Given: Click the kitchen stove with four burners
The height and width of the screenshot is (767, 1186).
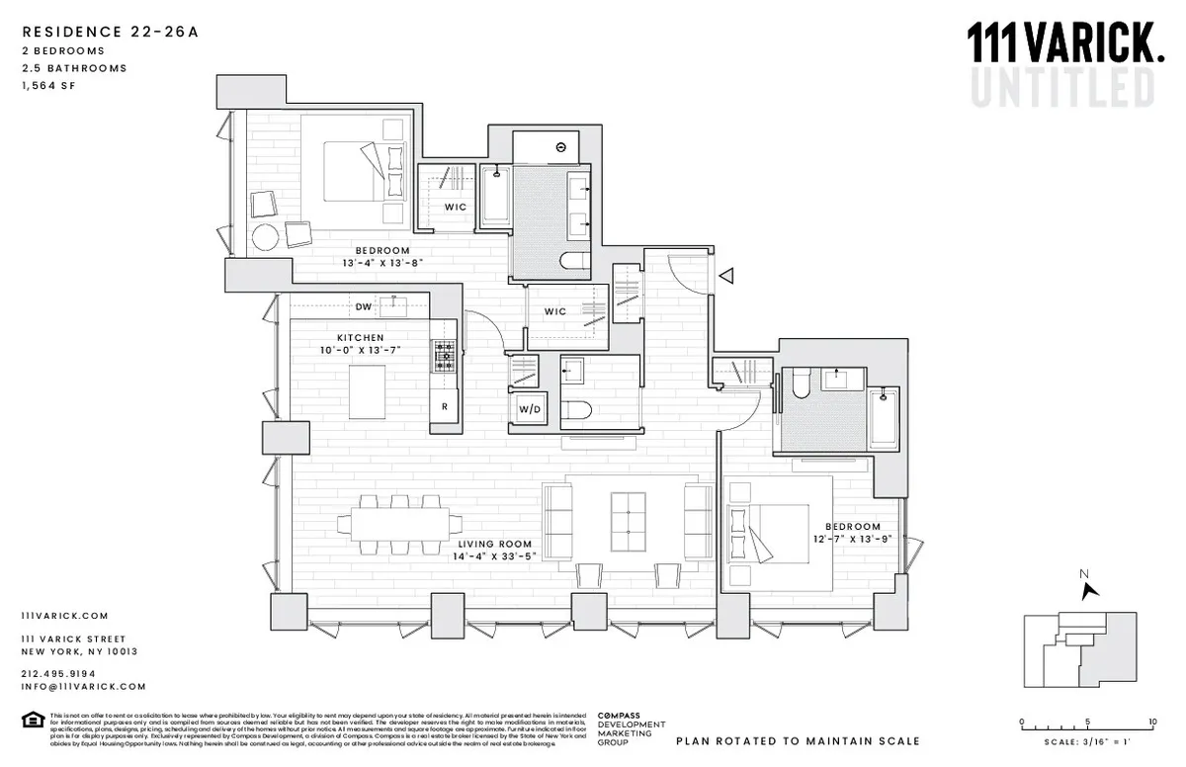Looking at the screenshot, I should click(x=444, y=358).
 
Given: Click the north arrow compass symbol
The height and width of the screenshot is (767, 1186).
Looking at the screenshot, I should click(x=1090, y=589).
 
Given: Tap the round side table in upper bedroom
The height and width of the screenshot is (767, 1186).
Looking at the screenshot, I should click(x=267, y=238).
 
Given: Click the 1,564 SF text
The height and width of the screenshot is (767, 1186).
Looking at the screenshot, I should click(x=48, y=86).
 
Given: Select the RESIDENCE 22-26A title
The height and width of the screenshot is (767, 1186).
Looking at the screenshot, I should click(x=110, y=32).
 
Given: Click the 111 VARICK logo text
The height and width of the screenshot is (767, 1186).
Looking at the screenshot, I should click(x=1062, y=44).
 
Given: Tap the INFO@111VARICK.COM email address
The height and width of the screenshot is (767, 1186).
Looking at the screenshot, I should click(x=83, y=686).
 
